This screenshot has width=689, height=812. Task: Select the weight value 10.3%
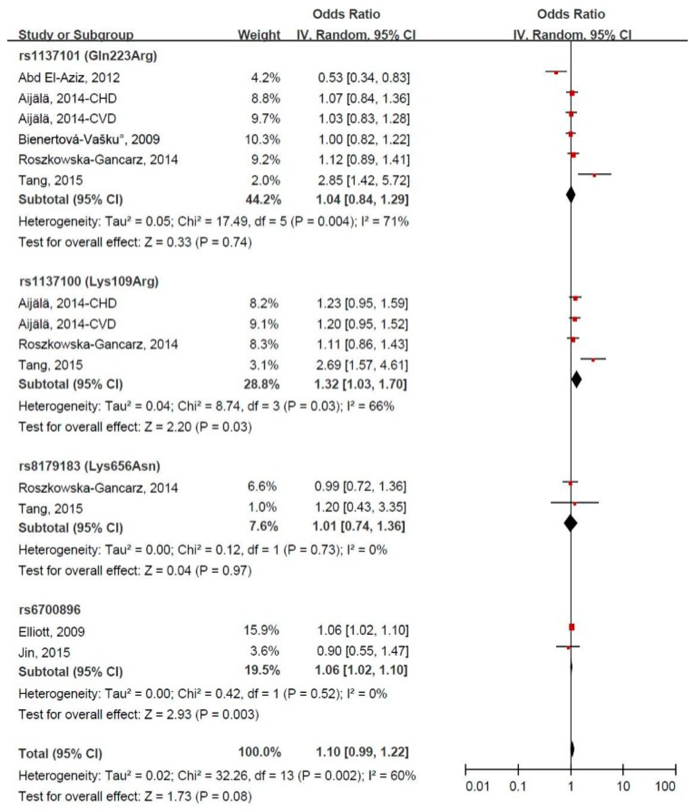click(x=263, y=139)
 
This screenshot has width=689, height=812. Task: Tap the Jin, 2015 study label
click(x=44, y=652)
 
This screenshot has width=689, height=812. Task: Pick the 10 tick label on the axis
click(x=623, y=786)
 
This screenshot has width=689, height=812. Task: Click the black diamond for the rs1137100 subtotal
click(x=576, y=379)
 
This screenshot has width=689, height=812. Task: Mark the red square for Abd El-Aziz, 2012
click(x=556, y=72)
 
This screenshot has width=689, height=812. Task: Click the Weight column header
click(x=259, y=35)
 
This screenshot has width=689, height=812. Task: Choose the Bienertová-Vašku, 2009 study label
click(x=89, y=139)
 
